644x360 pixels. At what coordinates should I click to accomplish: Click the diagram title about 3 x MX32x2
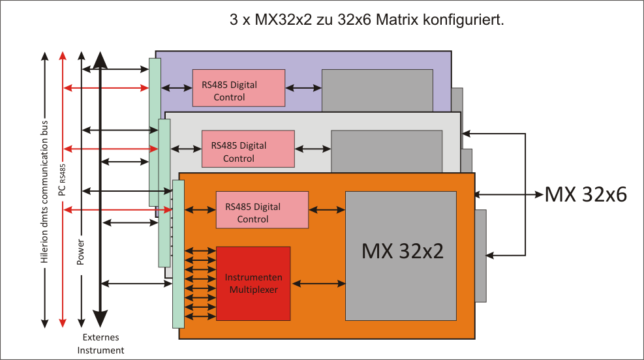(x=367, y=20)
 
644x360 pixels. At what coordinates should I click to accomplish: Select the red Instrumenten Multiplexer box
(x=253, y=283)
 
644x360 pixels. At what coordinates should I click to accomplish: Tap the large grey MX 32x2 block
(x=401, y=255)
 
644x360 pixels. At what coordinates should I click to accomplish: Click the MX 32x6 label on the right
(x=586, y=194)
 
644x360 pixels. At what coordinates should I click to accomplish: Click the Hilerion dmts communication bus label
(x=44, y=190)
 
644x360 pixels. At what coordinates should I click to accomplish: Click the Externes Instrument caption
(x=101, y=344)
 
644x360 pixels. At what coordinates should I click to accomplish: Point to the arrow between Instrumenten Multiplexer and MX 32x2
(x=318, y=283)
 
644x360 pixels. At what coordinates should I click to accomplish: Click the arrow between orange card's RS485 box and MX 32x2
(x=327, y=209)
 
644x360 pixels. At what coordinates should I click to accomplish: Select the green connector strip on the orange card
(x=178, y=254)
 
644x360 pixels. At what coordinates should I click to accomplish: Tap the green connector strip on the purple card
(x=155, y=130)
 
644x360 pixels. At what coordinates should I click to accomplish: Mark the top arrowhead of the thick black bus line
(x=99, y=61)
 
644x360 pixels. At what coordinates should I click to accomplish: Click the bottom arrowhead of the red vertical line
(x=63, y=322)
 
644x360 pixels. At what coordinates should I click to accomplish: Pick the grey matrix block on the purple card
(x=377, y=90)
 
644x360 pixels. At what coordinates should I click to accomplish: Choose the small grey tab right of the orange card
(x=481, y=256)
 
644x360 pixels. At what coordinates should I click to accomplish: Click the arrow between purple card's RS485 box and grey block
(x=303, y=88)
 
